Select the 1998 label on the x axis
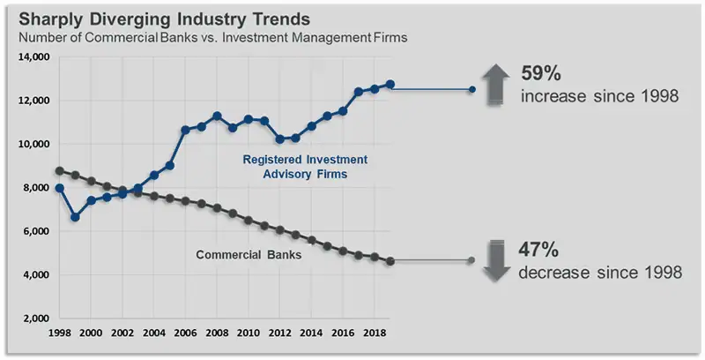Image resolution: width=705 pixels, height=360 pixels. [x=59, y=334]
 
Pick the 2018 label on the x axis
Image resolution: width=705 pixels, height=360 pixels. [x=375, y=334]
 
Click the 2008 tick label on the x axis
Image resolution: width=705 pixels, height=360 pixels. [x=217, y=334]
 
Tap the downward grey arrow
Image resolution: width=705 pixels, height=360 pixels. [x=495, y=260]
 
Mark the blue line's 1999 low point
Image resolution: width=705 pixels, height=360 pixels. [x=75, y=217]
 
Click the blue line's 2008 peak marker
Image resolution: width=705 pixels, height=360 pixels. [x=217, y=116]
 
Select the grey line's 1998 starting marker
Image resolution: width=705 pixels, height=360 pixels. [x=59, y=171]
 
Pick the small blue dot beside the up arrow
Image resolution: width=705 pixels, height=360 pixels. [x=472, y=89]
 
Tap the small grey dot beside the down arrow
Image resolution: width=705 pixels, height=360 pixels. [x=472, y=260]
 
